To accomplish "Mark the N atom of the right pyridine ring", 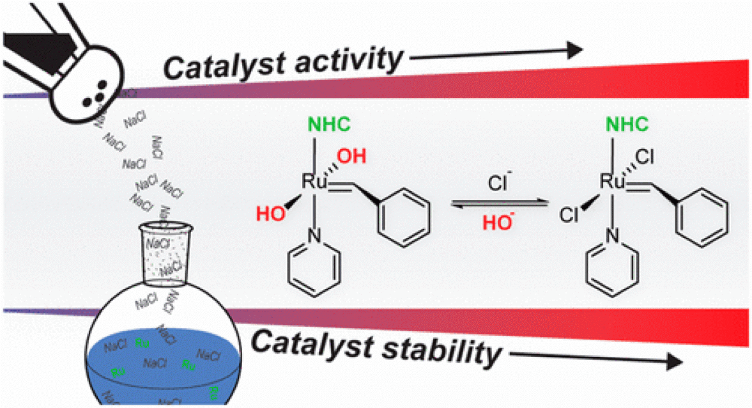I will point(612,239).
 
